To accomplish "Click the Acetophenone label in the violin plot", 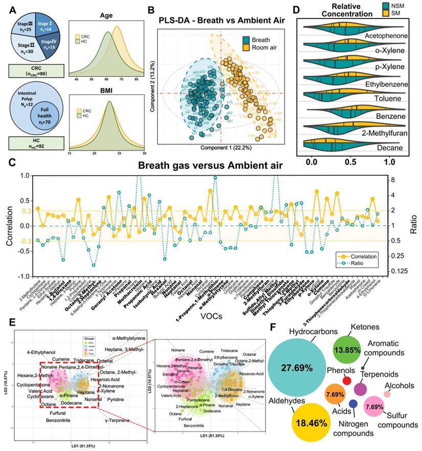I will tap(379, 36).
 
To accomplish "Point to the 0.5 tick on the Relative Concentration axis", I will tap(350, 160).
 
